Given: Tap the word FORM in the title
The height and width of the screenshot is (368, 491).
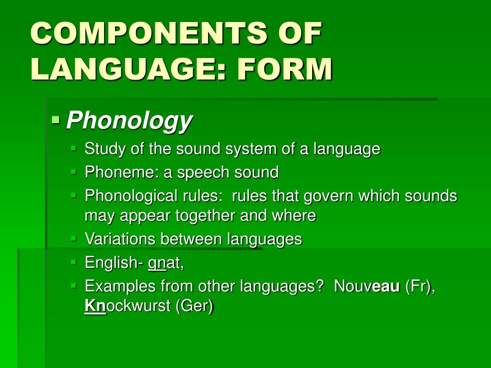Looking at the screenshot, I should (284, 69).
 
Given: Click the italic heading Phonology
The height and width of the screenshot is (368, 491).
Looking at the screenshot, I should (129, 121).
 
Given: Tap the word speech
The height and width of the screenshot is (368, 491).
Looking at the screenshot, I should (203, 172).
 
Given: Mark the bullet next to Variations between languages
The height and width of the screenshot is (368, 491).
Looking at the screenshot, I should (73, 237).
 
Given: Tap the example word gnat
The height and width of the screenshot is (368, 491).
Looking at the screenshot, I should (165, 263).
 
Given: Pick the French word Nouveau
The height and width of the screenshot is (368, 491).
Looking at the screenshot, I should (366, 286).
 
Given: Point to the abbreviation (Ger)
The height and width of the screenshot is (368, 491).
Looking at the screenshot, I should (194, 306).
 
